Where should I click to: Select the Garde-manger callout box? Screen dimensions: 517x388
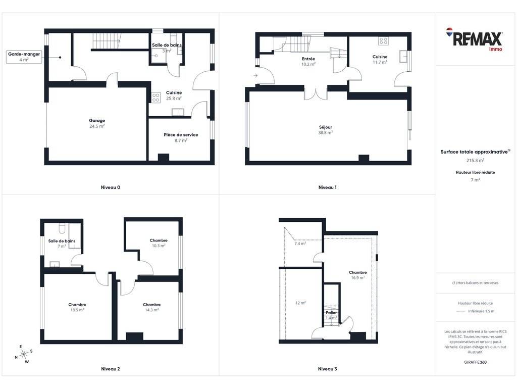pyautogui.click(x=24, y=57)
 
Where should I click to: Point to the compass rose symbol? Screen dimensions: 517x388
pyautogui.click(x=24, y=354)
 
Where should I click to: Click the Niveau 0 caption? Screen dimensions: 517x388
pyautogui.click(x=111, y=187)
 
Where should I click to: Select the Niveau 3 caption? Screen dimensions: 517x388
pyautogui.click(x=327, y=369)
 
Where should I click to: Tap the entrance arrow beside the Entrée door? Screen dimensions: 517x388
pyautogui.click(x=255, y=76)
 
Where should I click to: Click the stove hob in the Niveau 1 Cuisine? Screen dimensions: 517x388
pyautogui.click(x=383, y=41)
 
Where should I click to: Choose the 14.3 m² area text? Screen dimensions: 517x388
pyautogui.click(x=151, y=310)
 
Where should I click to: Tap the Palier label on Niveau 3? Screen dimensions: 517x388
pyautogui.click(x=331, y=312)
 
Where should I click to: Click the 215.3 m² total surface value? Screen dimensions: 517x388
pyautogui.click(x=475, y=160)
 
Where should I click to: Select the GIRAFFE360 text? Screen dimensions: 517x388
pyautogui.click(x=475, y=362)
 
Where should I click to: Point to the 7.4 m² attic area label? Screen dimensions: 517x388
pyautogui.click(x=300, y=244)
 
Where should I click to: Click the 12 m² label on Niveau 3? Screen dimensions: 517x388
pyautogui.click(x=300, y=303)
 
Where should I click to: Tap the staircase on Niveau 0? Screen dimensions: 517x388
pyautogui.click(x=106, y=41)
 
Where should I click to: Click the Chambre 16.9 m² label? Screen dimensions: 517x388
pyautogui.click(x=358, y=275)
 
